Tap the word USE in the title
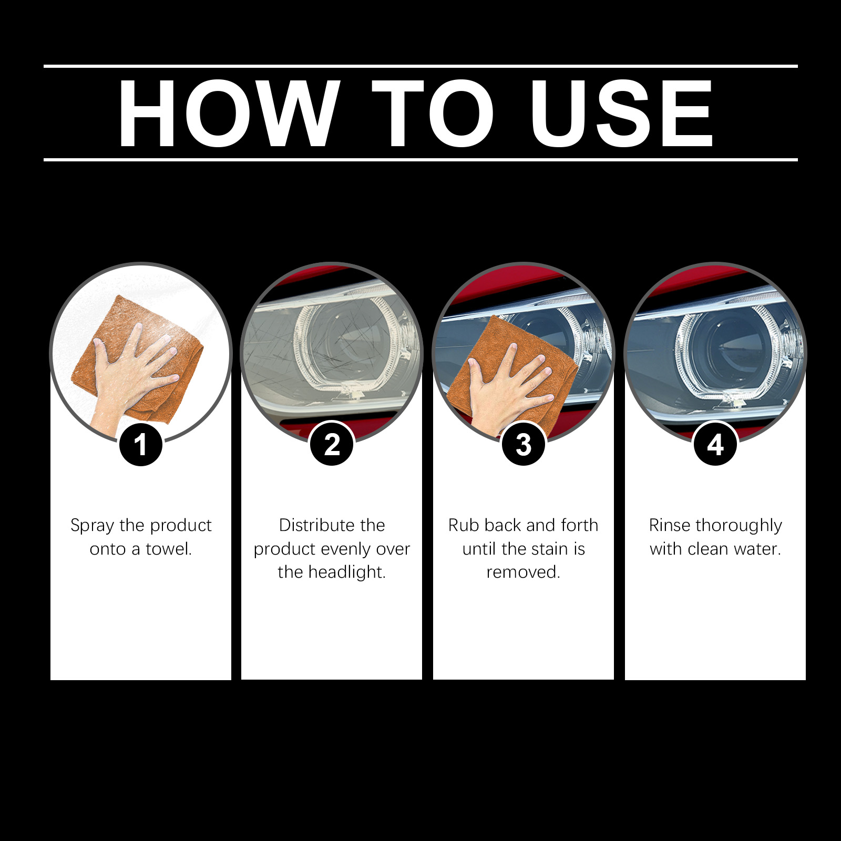point(621,113)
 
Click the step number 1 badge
point(140,445)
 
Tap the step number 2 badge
point(332,445)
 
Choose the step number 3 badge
point(524,445)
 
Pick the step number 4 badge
point(715,445)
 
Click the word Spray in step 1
point(93,526)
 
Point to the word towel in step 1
point(169,549)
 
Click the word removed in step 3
point(524,572)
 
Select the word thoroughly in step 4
point(739,526)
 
